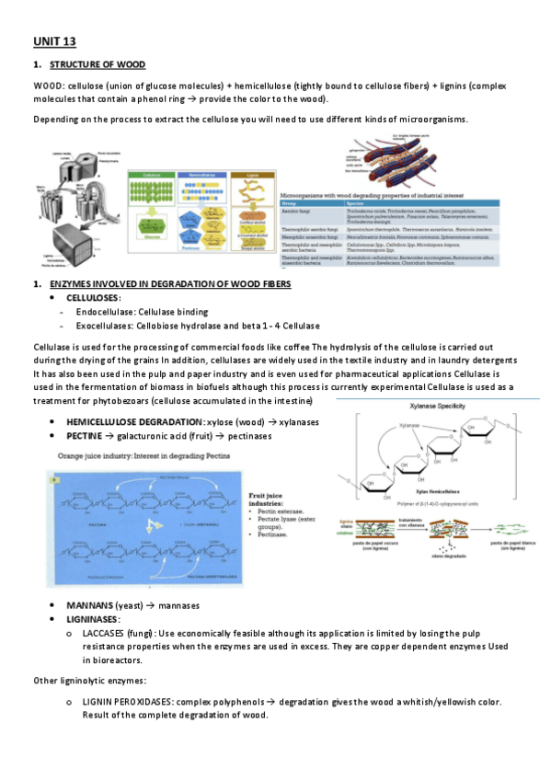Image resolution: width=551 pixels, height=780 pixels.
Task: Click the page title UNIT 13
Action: click(54, 41)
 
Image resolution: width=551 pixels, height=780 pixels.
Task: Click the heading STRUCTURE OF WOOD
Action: click(97, 65)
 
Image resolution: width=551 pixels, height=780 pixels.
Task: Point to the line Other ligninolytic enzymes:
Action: click(88, 681)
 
